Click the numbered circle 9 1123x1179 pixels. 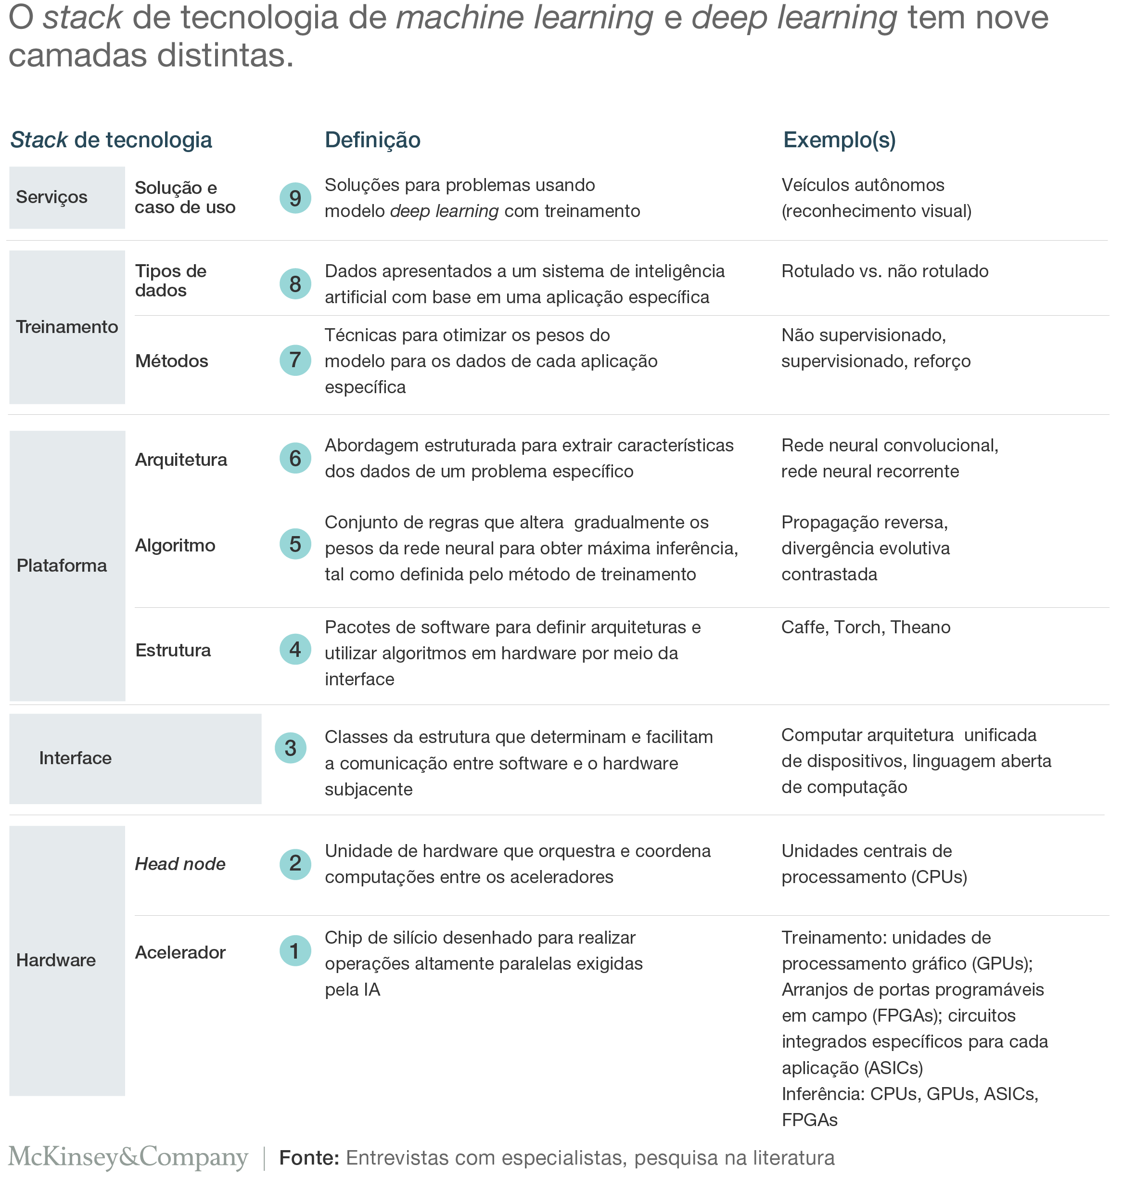(x=295, y=198)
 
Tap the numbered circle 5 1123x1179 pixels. (x=295, y=544)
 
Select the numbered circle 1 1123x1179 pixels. (x=295, y=951)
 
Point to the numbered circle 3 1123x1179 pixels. (x=290, y=748)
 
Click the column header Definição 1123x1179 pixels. (x=372, y=140)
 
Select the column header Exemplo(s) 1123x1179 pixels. (x=839, y=140)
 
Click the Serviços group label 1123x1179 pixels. (x=51, y=197)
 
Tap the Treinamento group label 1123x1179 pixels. (x=67, y=327)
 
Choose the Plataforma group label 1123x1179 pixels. (x=62, y=565)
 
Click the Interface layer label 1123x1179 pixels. (x=76, y=758)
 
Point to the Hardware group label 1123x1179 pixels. (x=56, y=960)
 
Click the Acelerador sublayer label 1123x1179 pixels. (x=180, y=952)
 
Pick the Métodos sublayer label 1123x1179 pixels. (x=171, y=361)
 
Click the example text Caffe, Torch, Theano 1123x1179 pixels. (x=866, y=627)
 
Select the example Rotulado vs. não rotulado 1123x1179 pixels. (x=885, y=271)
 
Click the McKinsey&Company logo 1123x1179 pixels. (x=128, y=1157)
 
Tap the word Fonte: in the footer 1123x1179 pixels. (x=309, y=1157)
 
